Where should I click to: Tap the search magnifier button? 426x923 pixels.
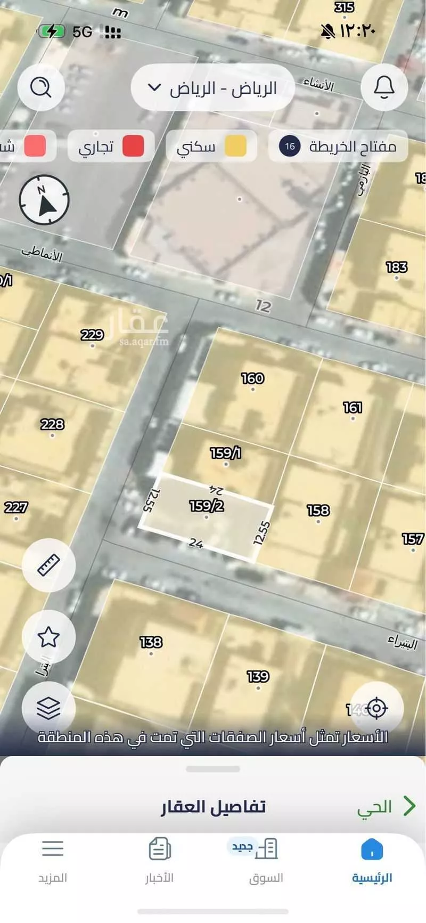coord(41,87)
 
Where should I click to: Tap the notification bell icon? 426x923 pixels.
coord(384,87)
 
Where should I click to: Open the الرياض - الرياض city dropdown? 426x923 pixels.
coord(213,87)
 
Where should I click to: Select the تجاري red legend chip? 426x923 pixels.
coord(111,146)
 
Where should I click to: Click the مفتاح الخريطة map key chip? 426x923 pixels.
coord(338,146)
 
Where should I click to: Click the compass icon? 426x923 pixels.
coord(44,200)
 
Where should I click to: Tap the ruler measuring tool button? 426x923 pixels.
coord(48,565)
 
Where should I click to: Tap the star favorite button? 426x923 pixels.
coord(48,636)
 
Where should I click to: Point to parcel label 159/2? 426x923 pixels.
coord(207,505)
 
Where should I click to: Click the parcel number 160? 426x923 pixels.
coord(252,378)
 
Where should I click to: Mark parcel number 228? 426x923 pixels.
coord(52,424)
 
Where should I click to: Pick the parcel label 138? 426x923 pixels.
coord(151,642)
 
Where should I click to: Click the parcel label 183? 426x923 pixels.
coord(397,267)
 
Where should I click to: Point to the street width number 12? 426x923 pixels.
coord(263,306)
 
